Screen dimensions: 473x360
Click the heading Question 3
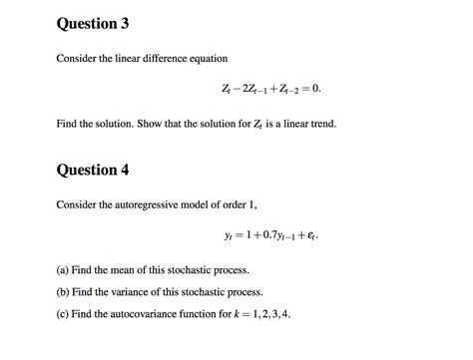click(x=93, y=23)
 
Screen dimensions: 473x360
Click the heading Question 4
click(x=93, y=170)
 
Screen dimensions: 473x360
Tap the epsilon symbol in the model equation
click(x=313, y=238)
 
